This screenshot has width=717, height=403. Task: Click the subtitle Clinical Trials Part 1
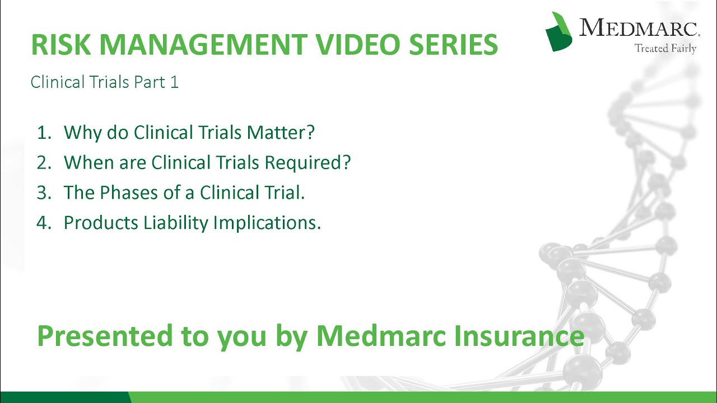click(105, 82)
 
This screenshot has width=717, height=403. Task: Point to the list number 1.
click(43, 133)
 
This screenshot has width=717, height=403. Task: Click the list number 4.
click(43, 223)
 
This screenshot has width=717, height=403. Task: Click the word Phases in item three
click(129, 193)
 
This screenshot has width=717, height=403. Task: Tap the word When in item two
click(86, 163)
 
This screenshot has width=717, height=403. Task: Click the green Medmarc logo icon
click(558, 31)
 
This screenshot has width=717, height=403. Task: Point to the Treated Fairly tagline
click(665, 49)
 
